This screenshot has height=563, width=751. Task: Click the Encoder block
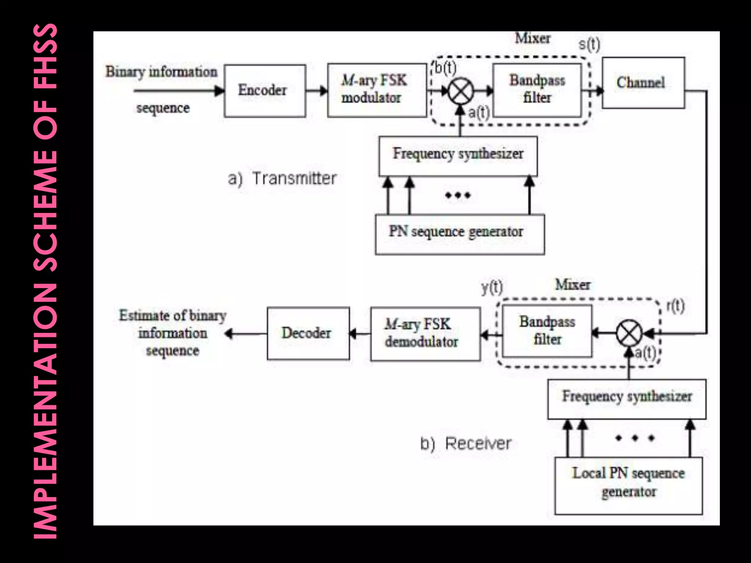pos(265,91)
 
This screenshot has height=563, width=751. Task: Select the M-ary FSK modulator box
pos(377,90)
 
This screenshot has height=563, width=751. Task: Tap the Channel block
pos(643,83)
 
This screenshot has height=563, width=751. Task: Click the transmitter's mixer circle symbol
pos(461,91)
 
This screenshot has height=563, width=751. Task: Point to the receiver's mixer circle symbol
pos(629,333)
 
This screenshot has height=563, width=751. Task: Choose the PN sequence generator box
pos(459,234)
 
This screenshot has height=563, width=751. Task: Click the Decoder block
pos(308,333)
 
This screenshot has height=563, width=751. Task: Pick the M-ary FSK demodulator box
pos(425,334)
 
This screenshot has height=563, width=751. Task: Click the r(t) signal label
pos(675,306)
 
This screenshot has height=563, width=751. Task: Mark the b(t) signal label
pos(446,68)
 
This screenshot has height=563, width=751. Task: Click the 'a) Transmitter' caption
pos(282,179)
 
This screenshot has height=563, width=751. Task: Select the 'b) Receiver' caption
pos(465,444)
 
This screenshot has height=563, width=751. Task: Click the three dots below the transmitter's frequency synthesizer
pos(458,195)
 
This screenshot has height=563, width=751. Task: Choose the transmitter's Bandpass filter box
pos(537,90)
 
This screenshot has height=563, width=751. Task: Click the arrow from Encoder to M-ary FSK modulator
pos(316,91)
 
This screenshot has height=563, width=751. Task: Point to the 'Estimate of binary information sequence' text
pos(172,333)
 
